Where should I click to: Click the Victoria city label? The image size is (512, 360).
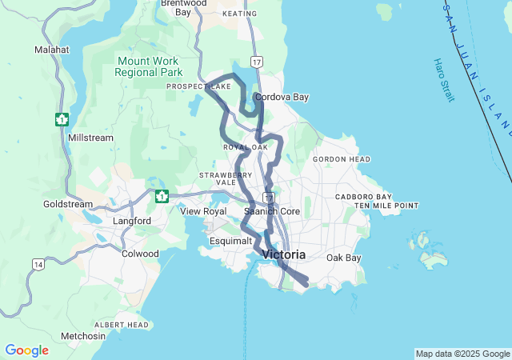tap(283, 255)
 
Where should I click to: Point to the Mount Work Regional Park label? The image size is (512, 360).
tap(149, 66)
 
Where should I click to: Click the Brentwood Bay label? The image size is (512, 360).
tap(182, 7)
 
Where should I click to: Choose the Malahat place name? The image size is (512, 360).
tap(52, 50)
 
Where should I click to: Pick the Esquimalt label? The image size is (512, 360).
tap(232, 240)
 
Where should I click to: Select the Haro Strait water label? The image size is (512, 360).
tap(443, 79)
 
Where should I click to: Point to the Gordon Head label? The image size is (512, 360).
tap(342, 159)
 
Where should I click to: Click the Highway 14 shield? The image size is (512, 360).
tap(38, 264)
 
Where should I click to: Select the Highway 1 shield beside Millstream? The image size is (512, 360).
tap(62, 120)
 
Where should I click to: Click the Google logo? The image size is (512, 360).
tap(26, 350)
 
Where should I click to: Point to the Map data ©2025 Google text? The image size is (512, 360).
tap(462, 354)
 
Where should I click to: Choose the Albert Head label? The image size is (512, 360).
tap(122, 325)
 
